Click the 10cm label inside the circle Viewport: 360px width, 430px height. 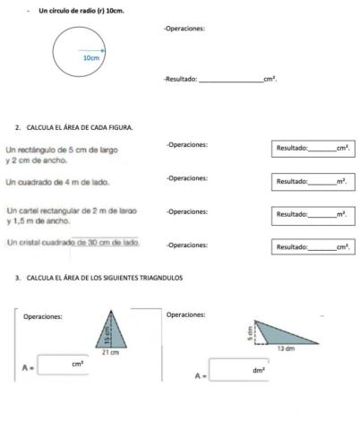coord(90,57)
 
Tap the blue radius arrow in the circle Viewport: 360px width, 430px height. coord(92,51)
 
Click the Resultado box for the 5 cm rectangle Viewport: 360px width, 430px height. coord(313,148)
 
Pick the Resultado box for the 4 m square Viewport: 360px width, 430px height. coord(313,181)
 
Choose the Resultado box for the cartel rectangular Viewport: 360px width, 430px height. coord(313,215)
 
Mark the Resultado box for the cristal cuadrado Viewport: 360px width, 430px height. coord(313,246)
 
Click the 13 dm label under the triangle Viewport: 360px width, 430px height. coord(286,348)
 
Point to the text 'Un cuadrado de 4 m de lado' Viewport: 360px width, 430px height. coord(57,183)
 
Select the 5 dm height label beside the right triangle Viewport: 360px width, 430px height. coord(252,332)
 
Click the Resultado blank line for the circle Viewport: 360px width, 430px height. coord(229,80)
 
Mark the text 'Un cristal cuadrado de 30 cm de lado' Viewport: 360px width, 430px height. coord(73,243)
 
